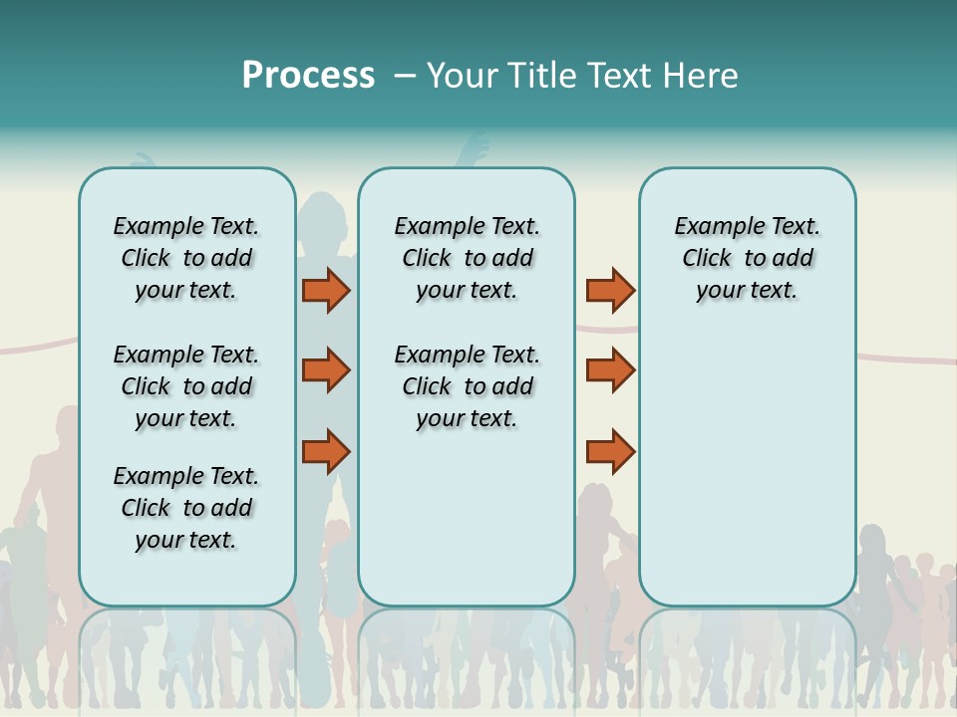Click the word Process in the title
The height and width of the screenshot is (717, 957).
308,76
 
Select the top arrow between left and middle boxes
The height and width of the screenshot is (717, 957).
325,290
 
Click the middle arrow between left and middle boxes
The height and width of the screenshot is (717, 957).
325,370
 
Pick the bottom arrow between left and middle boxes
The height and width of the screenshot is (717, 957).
325,451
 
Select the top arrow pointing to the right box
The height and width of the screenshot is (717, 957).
610,290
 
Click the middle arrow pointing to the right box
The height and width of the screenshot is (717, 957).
610,370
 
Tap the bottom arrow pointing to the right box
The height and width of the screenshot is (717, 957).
610,451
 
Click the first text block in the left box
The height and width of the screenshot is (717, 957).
186,258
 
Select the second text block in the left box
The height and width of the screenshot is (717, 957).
186,386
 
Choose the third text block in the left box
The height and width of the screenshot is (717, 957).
186,508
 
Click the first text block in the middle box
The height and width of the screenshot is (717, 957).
467,258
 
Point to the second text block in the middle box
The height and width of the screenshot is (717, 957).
467,386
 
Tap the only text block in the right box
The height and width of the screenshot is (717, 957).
747,258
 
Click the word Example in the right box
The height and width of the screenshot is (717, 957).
712,227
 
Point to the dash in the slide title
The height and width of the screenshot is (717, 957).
405,76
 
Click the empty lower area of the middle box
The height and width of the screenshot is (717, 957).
467,518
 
